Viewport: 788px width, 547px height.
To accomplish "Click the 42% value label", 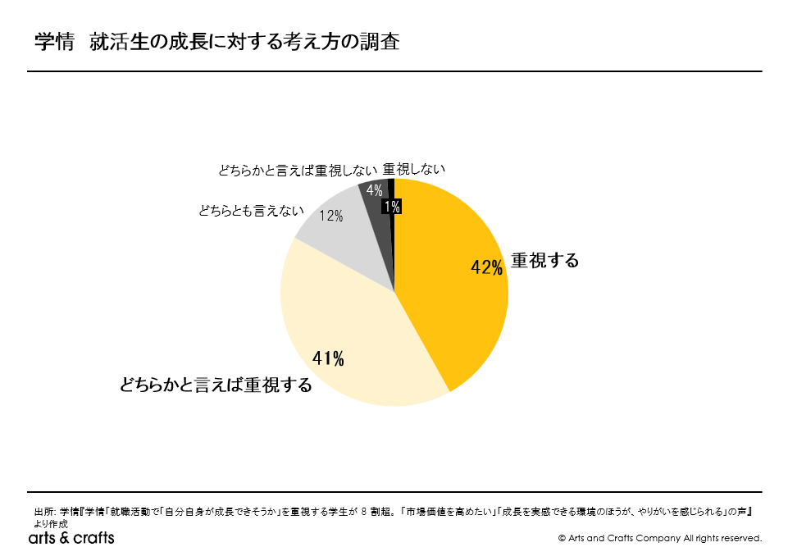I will pyautogui.click(x=486, y=268).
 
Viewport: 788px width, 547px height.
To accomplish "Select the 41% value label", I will pyautogui.click(x=328, y=358).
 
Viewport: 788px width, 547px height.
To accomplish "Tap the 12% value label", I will pyautogui.click(x=331, y=217).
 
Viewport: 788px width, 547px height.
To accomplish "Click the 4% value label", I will pyautogui.click(x=374, y=190).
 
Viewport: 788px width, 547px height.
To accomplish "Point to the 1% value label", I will pyautogui.click(x=392, y=207).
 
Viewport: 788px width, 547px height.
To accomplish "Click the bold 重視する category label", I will pyautogui.click(x=545, y=261).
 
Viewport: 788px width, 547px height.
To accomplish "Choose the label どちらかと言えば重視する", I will pyautogui.click(x=216, y=385).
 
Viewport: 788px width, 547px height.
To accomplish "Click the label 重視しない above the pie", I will pyautogui.click(x=414, y=169).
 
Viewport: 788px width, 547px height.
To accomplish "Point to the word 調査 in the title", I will pyautogui.click(x=381, y=42).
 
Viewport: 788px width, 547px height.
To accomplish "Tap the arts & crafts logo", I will pyautogui.click(x=71, y=537).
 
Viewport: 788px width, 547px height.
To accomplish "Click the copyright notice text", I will pyautogui.click(x=659, y=538).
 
